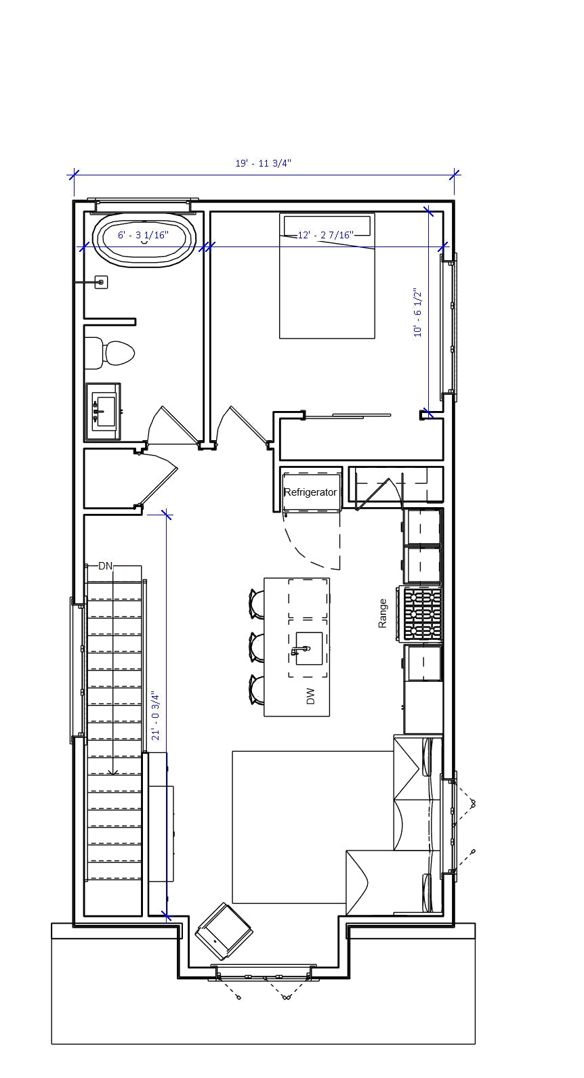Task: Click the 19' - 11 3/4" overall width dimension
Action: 264,163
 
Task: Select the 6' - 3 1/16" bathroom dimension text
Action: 144,235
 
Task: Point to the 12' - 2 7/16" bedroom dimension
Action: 326,235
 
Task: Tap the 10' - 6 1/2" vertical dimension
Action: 417,313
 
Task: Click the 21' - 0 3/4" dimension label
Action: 155,716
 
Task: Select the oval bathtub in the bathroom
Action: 144,240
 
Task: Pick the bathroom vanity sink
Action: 104,412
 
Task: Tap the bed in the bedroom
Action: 327,276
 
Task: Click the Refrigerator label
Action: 310,492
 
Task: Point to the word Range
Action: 383,613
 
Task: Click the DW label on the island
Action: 310,696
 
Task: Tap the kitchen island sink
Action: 308,648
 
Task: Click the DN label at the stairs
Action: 105,566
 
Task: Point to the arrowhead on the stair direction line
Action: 113,772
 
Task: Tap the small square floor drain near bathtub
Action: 101,282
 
